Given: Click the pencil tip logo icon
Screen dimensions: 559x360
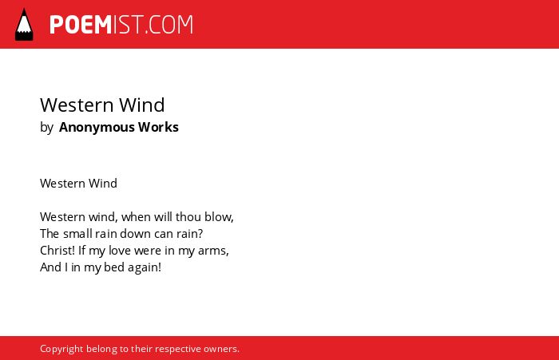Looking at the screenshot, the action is [24, 25].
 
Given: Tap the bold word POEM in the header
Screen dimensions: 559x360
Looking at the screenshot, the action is [81, 25].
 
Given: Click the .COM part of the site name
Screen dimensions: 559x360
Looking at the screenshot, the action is [169, 25].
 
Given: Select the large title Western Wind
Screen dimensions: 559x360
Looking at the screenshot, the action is [102, 105].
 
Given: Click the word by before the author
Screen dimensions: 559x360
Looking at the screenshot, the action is [46, 128].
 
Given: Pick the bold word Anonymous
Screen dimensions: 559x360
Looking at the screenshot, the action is [97, 127].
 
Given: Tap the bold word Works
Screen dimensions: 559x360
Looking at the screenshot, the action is [158, 127].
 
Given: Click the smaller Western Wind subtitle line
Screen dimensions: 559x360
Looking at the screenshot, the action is [78, 184].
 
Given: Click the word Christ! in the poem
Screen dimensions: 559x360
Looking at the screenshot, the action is [57, 250].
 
